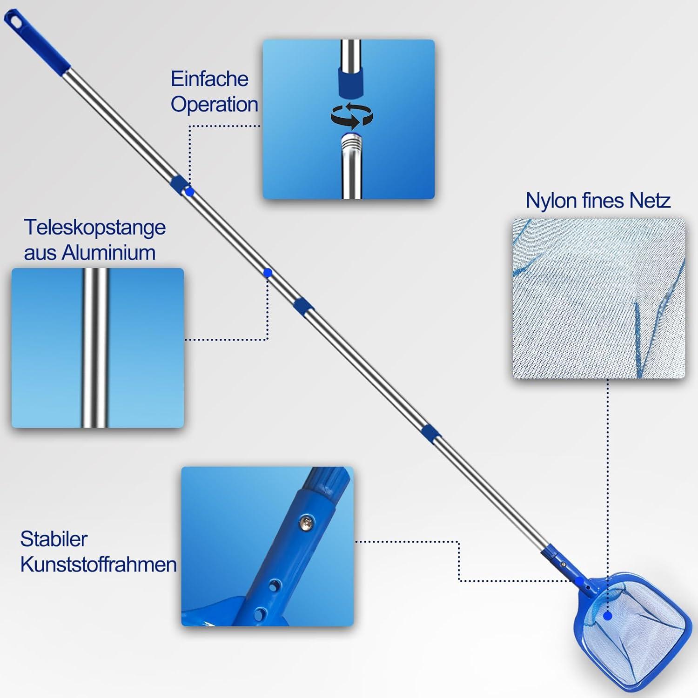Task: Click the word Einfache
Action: coord(209,79)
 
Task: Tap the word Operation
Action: coord(215,105)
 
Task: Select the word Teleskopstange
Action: coord(95,228)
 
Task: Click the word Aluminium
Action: coord(109,253)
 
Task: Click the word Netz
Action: coord(650,201)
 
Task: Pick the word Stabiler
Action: coord(54,539)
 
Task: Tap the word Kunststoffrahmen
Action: coord(99,565)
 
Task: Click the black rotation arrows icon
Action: coord(352,116)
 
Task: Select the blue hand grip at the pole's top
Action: coord(37,41)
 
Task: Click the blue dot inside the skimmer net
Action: coord(607,616)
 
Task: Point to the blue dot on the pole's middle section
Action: coord(268,273)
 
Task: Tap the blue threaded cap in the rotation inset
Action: coord(350,82)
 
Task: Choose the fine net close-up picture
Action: coord(599,298)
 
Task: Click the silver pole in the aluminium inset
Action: coord(94,348)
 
